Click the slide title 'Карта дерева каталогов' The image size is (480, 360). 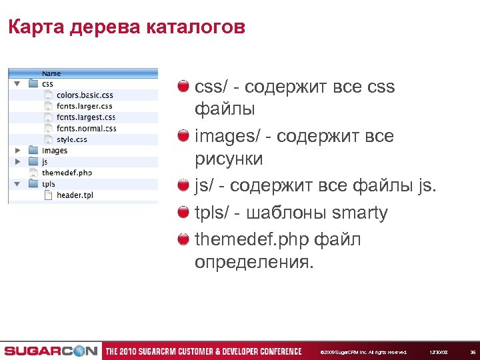click(x=127, y=27)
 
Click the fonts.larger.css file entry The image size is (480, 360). click(x=84, y=106)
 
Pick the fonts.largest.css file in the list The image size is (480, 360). click(x=86, y=117)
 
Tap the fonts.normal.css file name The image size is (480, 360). click(x=86, y=129)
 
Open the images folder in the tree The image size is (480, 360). click(x=54, y=151)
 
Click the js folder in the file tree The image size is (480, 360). click(x=44, y=161)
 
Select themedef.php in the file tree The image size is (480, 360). click(x=66, y=173)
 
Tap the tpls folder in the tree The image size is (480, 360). click(x=48, y=184)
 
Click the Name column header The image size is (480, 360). click(x=51, y=73)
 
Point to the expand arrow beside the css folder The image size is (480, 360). click(x=17, y=84)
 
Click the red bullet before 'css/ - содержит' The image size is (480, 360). click(x=183, y=87)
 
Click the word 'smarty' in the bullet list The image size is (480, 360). click(x=359, y=213)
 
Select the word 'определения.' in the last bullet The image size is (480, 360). click(x=253, y=263)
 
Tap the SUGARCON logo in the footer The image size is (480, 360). click(x=50, y=351)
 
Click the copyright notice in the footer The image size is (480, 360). click(x=363, y=351)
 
